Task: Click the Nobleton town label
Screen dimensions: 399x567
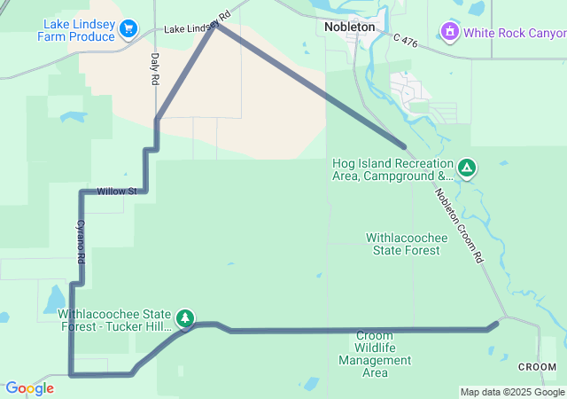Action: pyautogui.click(x=349, y=27)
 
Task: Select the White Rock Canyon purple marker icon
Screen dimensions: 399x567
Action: pyautogui.click(x=450, y=33)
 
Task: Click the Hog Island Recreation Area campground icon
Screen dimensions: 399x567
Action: pyautogui.click(x=467, y=167)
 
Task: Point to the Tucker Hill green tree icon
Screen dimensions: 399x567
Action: pyautogui.click(x=184, y=317)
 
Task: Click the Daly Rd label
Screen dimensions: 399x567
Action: pyautogui.click(x=154, y=68)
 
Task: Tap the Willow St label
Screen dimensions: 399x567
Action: pyautogui.click(x=117, y=192)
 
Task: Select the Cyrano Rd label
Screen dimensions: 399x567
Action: pyautogui.click(x=81, y=240)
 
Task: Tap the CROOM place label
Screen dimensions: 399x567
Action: pyautogui.click(x=537, y=367)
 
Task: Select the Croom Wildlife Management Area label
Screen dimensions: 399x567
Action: pyautogui.click(x=375, y=354)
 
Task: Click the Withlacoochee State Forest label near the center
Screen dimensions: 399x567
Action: pyautogui.click(x=403, y=244)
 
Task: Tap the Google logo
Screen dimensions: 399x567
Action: pyautogui.click(x=29, y=388)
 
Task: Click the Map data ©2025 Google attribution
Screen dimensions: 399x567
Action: pyautogui.click(x=512, y=392)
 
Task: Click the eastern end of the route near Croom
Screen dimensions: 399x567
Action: pyautogui.click(x=496, y=323)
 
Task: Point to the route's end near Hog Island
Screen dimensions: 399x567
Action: pyautogui.click(x=405, y=147)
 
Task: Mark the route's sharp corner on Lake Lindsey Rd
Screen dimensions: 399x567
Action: pyautogui.click(x=216, y=24)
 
